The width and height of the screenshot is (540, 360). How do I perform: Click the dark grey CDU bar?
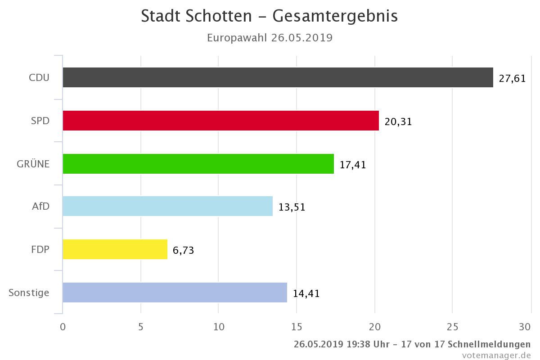pos(278,77)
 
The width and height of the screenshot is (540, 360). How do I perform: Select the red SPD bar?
pos(221,121)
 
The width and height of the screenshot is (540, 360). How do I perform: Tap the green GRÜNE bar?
pos(198,164)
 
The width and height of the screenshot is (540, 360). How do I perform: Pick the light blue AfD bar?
pos(168,206)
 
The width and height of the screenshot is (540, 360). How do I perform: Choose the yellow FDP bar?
pos(115,249)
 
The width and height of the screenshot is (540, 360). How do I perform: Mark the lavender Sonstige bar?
pos(175,292)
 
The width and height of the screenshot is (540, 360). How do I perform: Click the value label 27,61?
pos(512,79)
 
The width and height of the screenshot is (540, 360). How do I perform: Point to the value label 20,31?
pos(398,122)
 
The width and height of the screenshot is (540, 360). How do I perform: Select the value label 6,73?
pos(183,250)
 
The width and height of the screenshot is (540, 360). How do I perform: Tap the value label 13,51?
pos(292,207)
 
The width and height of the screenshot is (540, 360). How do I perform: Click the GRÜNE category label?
pos(33,163)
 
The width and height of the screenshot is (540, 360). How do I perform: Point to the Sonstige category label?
pos(29,293)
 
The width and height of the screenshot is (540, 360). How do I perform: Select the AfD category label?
pos(41,206)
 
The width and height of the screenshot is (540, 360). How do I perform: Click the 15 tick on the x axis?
pos(297,327)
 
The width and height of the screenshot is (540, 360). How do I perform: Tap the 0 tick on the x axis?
pos(63,327)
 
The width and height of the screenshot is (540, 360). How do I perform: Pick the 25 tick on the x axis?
pos(452,327)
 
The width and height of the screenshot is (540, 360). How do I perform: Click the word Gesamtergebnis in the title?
pos(335,16)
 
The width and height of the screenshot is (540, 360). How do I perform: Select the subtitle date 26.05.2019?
pos(302,38)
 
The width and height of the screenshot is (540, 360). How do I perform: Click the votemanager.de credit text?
pos(496,355)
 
